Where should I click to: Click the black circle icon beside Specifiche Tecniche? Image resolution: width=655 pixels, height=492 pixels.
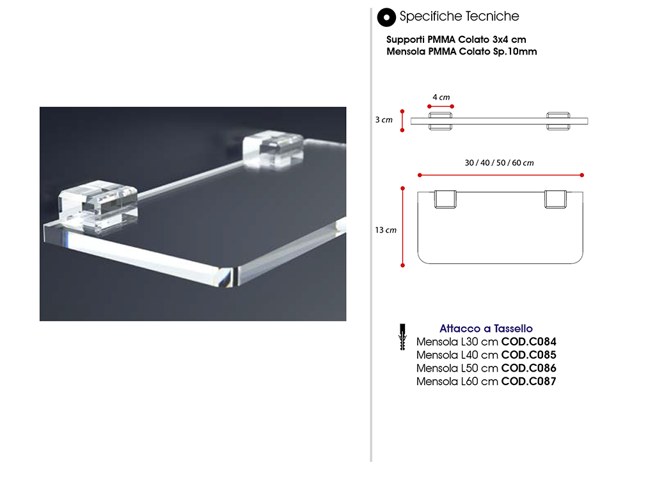(x=386, y=17)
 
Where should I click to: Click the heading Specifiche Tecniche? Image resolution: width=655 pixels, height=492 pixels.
(x=459, y=16)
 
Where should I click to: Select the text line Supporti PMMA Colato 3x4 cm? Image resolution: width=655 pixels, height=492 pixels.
(x=455, y=39)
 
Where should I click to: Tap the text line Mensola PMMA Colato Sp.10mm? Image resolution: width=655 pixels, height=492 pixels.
(x=461, y=51)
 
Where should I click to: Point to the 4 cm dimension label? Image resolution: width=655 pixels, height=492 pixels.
(x=441, y=97)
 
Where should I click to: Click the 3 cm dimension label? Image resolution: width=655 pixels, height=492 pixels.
(x=384, y=120)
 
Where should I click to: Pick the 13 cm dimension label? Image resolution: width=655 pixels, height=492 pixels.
(x=386, y=230)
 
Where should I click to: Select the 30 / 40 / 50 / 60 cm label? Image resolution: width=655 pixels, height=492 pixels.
(x=499, y=163)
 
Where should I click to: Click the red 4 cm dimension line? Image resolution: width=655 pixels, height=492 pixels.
(x=441, y=106)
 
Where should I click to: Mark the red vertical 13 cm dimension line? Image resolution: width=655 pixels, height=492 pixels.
(x=403, y=227)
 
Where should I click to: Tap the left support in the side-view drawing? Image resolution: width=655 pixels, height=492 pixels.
(x=440, y=121)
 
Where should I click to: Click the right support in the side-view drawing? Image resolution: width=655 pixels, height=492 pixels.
(x=558, y=121)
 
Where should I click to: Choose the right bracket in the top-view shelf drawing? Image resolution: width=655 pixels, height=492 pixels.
(x=556, y=199)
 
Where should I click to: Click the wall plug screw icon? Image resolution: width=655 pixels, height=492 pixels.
(x=402, y=337)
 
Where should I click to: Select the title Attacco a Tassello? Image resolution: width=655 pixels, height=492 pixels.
(x=486, y=329)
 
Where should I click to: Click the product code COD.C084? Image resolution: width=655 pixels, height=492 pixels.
(x=528, y=342)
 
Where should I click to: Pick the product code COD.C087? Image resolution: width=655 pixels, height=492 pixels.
(x=528, y=382)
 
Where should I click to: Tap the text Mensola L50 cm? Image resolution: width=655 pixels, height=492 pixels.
(x=457, y=368)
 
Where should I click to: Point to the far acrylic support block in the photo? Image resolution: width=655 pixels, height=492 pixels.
(x=273, y=150)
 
